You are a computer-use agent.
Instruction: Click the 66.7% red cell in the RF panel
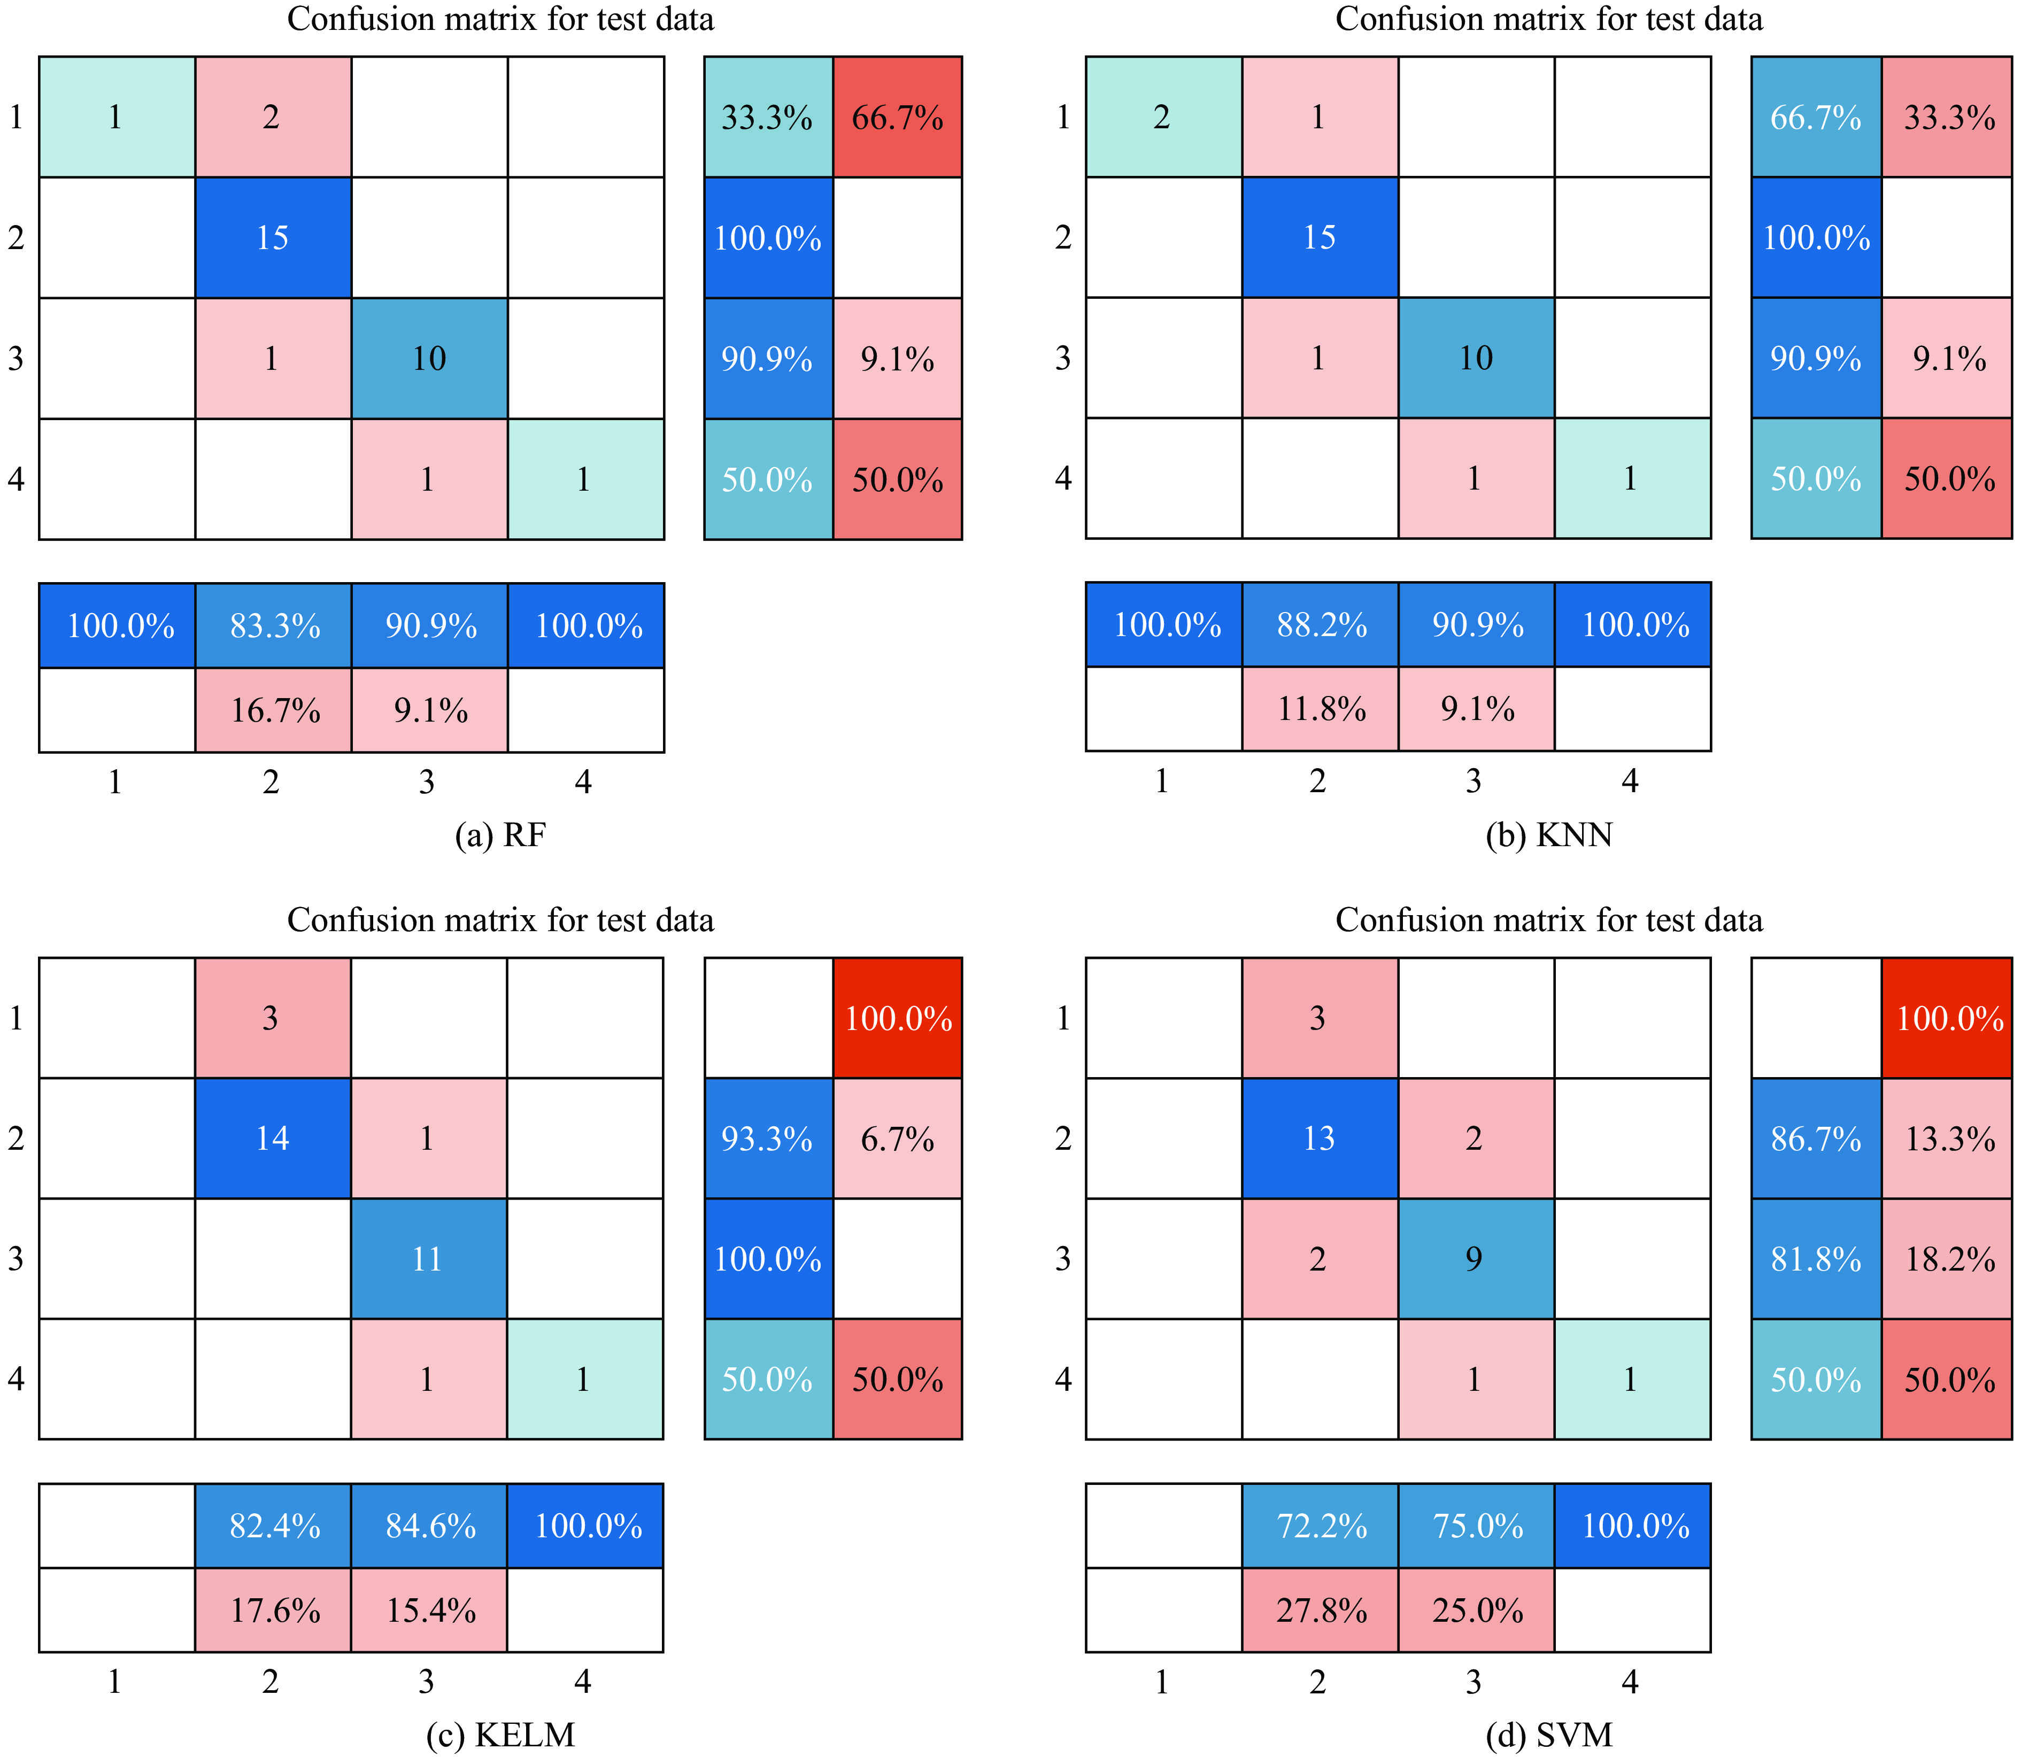click(897, 118)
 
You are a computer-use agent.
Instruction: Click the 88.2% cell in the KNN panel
click(1321, 624)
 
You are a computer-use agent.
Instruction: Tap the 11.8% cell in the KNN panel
click(1321, 709)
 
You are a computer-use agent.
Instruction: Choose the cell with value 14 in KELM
click(273, 1139)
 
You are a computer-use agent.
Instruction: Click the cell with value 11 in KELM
click(428, 1259)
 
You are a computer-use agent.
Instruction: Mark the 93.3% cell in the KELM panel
click(768, 1139)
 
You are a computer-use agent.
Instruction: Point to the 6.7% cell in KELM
click(897, 1139)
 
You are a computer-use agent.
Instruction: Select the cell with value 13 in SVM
click(1320, 1139)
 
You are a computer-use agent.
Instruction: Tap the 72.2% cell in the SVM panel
click(1321, 1526)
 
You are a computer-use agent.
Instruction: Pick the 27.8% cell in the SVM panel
click(1321, 1610)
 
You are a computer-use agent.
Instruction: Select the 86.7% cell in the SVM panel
click(1816, 1139)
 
